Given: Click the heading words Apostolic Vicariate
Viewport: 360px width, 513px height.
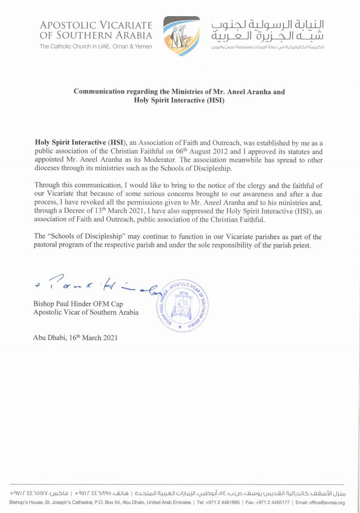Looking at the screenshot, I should (x=96, y=25).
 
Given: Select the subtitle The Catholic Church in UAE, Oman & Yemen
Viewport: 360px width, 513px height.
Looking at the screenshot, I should (x=96, y=46).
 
